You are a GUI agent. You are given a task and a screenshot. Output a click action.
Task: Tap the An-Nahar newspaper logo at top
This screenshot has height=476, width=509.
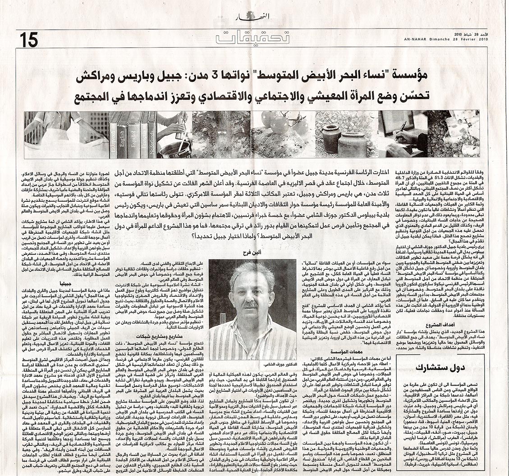tap(247, 18)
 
